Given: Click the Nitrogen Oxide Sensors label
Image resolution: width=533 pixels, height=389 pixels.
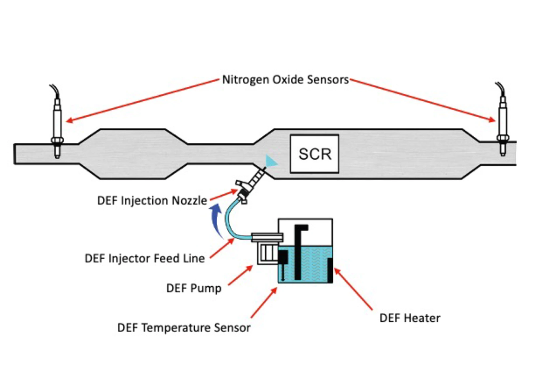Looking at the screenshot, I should [x=285, y=80].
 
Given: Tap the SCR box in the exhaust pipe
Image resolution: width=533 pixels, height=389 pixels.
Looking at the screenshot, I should [x=314, y=154].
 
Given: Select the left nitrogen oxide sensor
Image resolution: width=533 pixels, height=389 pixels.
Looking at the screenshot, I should [x=57, y=125].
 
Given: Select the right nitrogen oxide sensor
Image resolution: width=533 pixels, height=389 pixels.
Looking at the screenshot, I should [x=503, y=123].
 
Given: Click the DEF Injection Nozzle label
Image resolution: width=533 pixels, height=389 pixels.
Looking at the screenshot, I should [x=152, y=201].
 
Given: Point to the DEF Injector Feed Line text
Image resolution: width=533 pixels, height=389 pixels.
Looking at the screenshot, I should [x=145, y=258].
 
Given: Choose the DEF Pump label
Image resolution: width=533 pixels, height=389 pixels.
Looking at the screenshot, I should [x=194, y=288].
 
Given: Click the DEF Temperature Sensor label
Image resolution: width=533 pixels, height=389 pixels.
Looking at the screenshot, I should [x=184, y=328].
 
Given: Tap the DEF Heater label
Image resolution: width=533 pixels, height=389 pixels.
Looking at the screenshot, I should [x=410, y=318].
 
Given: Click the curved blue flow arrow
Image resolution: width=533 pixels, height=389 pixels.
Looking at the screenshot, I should [x=216, y=220].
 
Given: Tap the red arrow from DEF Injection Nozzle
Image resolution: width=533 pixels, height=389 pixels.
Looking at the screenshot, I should [x=223, y=195].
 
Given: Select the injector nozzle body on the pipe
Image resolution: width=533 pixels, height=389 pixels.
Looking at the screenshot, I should [x=251, y=184].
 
